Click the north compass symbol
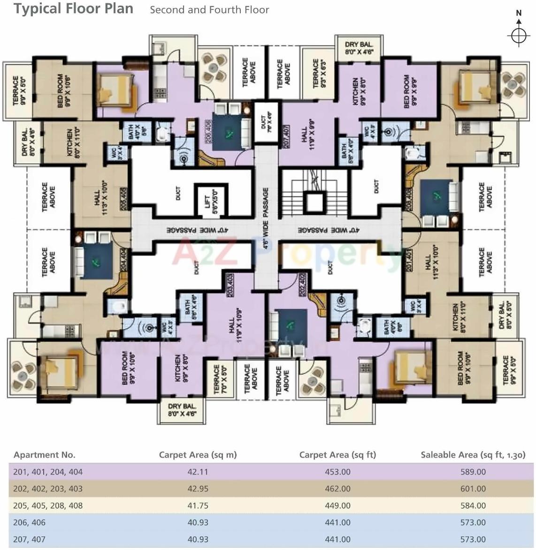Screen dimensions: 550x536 point(518,35)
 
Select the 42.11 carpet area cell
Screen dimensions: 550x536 point(198,472)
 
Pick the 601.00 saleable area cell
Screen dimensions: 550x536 point(473,489)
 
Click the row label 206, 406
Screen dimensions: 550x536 point(29,522)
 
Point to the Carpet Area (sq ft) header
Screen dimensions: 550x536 point(337,454)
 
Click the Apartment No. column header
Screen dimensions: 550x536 point(45,455)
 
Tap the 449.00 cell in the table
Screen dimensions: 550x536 point(337,505)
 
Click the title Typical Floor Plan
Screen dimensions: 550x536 point(73,8)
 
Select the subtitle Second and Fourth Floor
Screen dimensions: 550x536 point(209,10)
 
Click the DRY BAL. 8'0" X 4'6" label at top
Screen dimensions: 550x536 point(359,48)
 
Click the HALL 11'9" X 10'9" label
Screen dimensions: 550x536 point(235,325)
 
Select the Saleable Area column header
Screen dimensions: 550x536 point(473,454)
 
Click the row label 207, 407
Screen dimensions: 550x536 point(29,539)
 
